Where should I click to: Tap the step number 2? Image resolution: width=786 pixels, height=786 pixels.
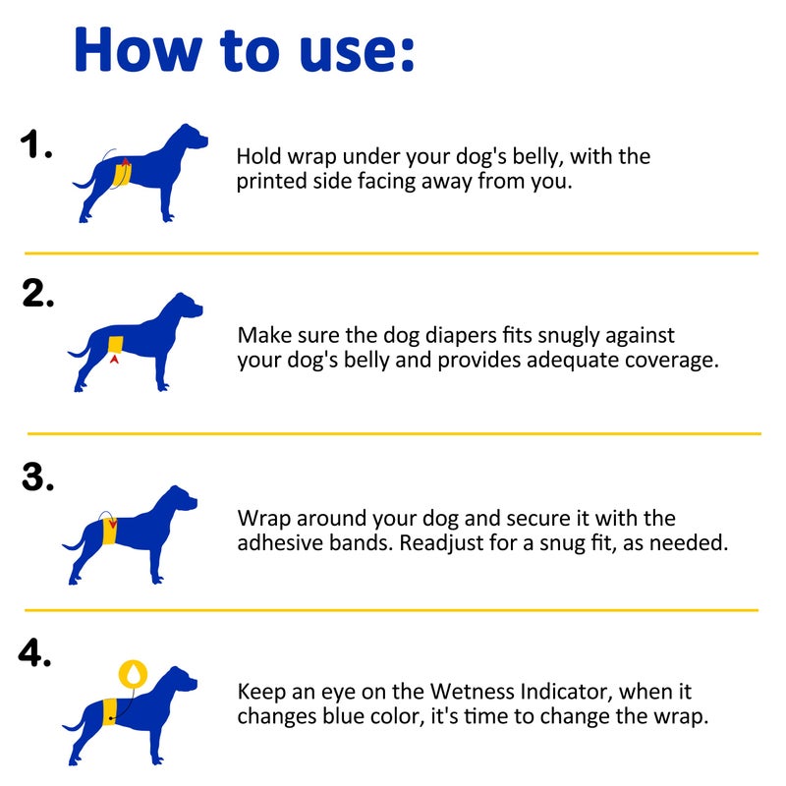click(x=37, y=294)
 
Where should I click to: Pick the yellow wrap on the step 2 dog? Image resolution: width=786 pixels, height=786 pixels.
click(x=116, y=344)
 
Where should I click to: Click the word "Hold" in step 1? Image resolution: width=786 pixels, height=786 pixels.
click(x=258, y=157)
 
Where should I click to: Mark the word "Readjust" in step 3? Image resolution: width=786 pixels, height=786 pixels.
click(x=440, y=542)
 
